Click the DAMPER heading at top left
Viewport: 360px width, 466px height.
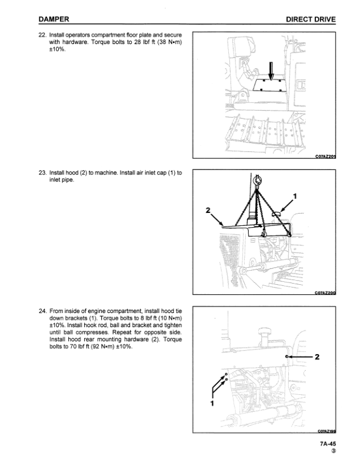click(x=54, y=19)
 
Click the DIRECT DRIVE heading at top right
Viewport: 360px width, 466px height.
click(x=311, y=19)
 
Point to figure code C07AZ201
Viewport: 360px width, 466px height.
click(x=324, y=156)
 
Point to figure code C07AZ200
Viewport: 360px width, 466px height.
click(x=324, y=292)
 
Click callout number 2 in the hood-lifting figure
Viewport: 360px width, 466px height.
click(x=208, y=210)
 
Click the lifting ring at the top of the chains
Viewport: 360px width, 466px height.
click(x=258, y=182)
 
